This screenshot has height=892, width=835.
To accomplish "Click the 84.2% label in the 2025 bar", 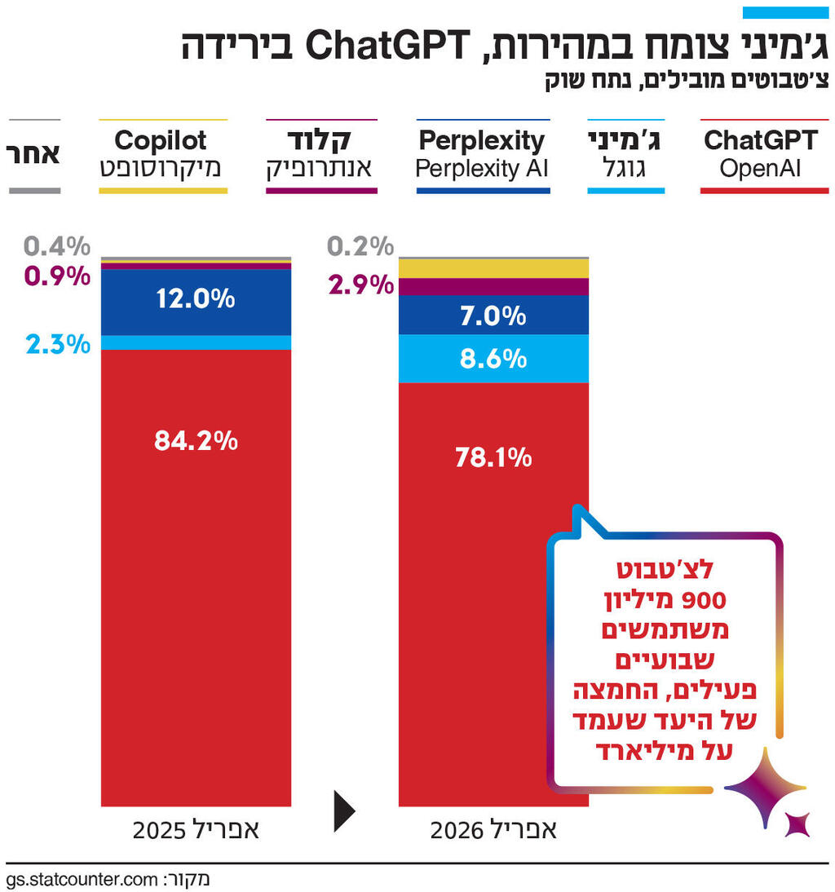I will pyautogui.click(x=196, y=441).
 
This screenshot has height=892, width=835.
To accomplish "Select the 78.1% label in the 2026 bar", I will pyautogui.click(x=493, y=457).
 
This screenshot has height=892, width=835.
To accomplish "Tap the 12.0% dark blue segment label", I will pyautogui.click(x=196, y=299).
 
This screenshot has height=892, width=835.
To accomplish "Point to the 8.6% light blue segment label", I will pyautogui.click(x=493, y=358).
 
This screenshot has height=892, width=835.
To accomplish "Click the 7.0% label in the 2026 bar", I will pyautogui.click(x=493, y=316).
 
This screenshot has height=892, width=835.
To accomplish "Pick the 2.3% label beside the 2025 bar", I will pyautogui.click(x=57, y=343).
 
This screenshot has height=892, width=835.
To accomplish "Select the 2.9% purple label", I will pyautogui.click(x=360, y=285).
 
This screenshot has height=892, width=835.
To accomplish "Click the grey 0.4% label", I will pyautogui.click(x=57, y=245).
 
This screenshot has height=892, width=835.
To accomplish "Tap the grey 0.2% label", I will pyautogui.click(x=360, y=245).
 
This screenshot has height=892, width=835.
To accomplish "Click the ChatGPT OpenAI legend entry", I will pyautogui.click(x=760, y=154).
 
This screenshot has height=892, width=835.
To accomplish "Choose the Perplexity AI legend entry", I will pyautogui.click(x=482, y=154).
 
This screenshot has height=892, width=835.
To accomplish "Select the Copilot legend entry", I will pyautogui.click(x=161, y=154).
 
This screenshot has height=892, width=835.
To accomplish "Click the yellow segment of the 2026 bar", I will pyautogui.click(x=493, y=268).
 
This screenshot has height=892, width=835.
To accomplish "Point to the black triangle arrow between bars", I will pyautogui.click(x=344, y=810).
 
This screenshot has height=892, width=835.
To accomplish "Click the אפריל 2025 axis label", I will pyautogui.click(x=196, y=831).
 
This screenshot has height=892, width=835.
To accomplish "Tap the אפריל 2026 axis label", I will pyautogui.click(x=493, y=831).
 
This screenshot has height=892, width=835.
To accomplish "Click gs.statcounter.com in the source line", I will pyautogui.click(x=81, y=880).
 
